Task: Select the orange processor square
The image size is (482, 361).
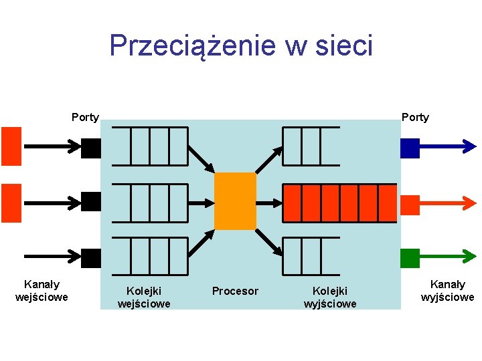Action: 235,201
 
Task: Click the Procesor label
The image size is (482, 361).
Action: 235,291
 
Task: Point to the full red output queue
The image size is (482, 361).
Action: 340,203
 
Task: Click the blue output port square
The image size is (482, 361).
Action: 410,148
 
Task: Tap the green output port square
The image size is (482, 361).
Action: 410,258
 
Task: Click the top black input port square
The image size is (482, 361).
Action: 90,148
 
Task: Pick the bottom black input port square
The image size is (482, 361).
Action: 90,258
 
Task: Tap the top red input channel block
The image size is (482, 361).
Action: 11,146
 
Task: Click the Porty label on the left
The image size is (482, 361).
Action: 85,118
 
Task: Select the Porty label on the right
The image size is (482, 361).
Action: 415,118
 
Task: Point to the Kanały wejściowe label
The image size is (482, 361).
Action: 42,291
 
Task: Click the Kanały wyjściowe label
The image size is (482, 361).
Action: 447,291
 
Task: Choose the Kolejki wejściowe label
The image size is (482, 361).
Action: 144,297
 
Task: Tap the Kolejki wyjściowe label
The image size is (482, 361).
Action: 330,297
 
